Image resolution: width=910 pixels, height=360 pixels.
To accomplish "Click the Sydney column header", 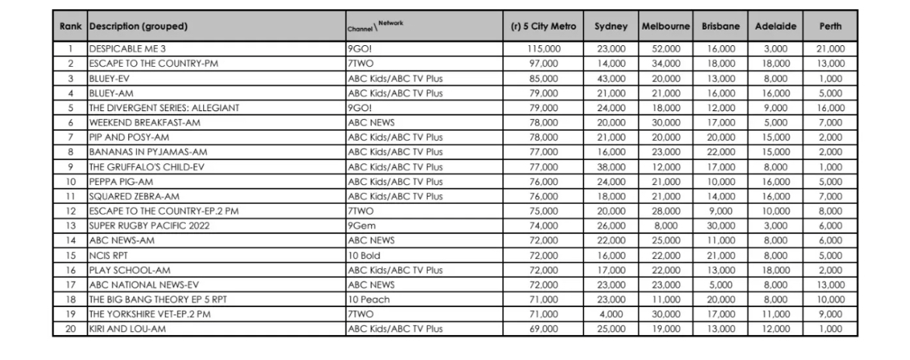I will click(611, 26).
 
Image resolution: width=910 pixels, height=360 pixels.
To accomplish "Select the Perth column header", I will click(830, 26).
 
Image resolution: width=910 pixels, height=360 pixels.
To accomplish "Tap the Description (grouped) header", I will click(138, 26).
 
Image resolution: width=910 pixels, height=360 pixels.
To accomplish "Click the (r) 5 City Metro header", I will click(543, 26).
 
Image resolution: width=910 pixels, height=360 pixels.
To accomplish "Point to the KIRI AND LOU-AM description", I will click(128, 329).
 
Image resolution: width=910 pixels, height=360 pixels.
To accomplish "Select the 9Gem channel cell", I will click(361, 225).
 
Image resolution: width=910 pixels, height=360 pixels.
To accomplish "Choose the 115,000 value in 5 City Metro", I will click(543, 49).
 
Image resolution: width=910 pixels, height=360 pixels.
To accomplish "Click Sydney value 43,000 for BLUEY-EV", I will click(611, 79).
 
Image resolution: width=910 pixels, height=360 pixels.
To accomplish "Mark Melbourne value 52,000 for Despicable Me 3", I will click(665, 49).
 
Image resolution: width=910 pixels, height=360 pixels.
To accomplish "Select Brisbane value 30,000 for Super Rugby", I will click(720, 225).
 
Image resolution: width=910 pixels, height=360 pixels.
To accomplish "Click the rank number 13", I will click(71, 225).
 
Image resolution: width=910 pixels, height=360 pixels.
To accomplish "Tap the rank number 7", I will click(71, 138).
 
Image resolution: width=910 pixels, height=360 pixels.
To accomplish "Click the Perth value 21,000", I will click(830, 49).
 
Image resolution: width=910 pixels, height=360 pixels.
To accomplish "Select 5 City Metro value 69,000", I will click(543, 329).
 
